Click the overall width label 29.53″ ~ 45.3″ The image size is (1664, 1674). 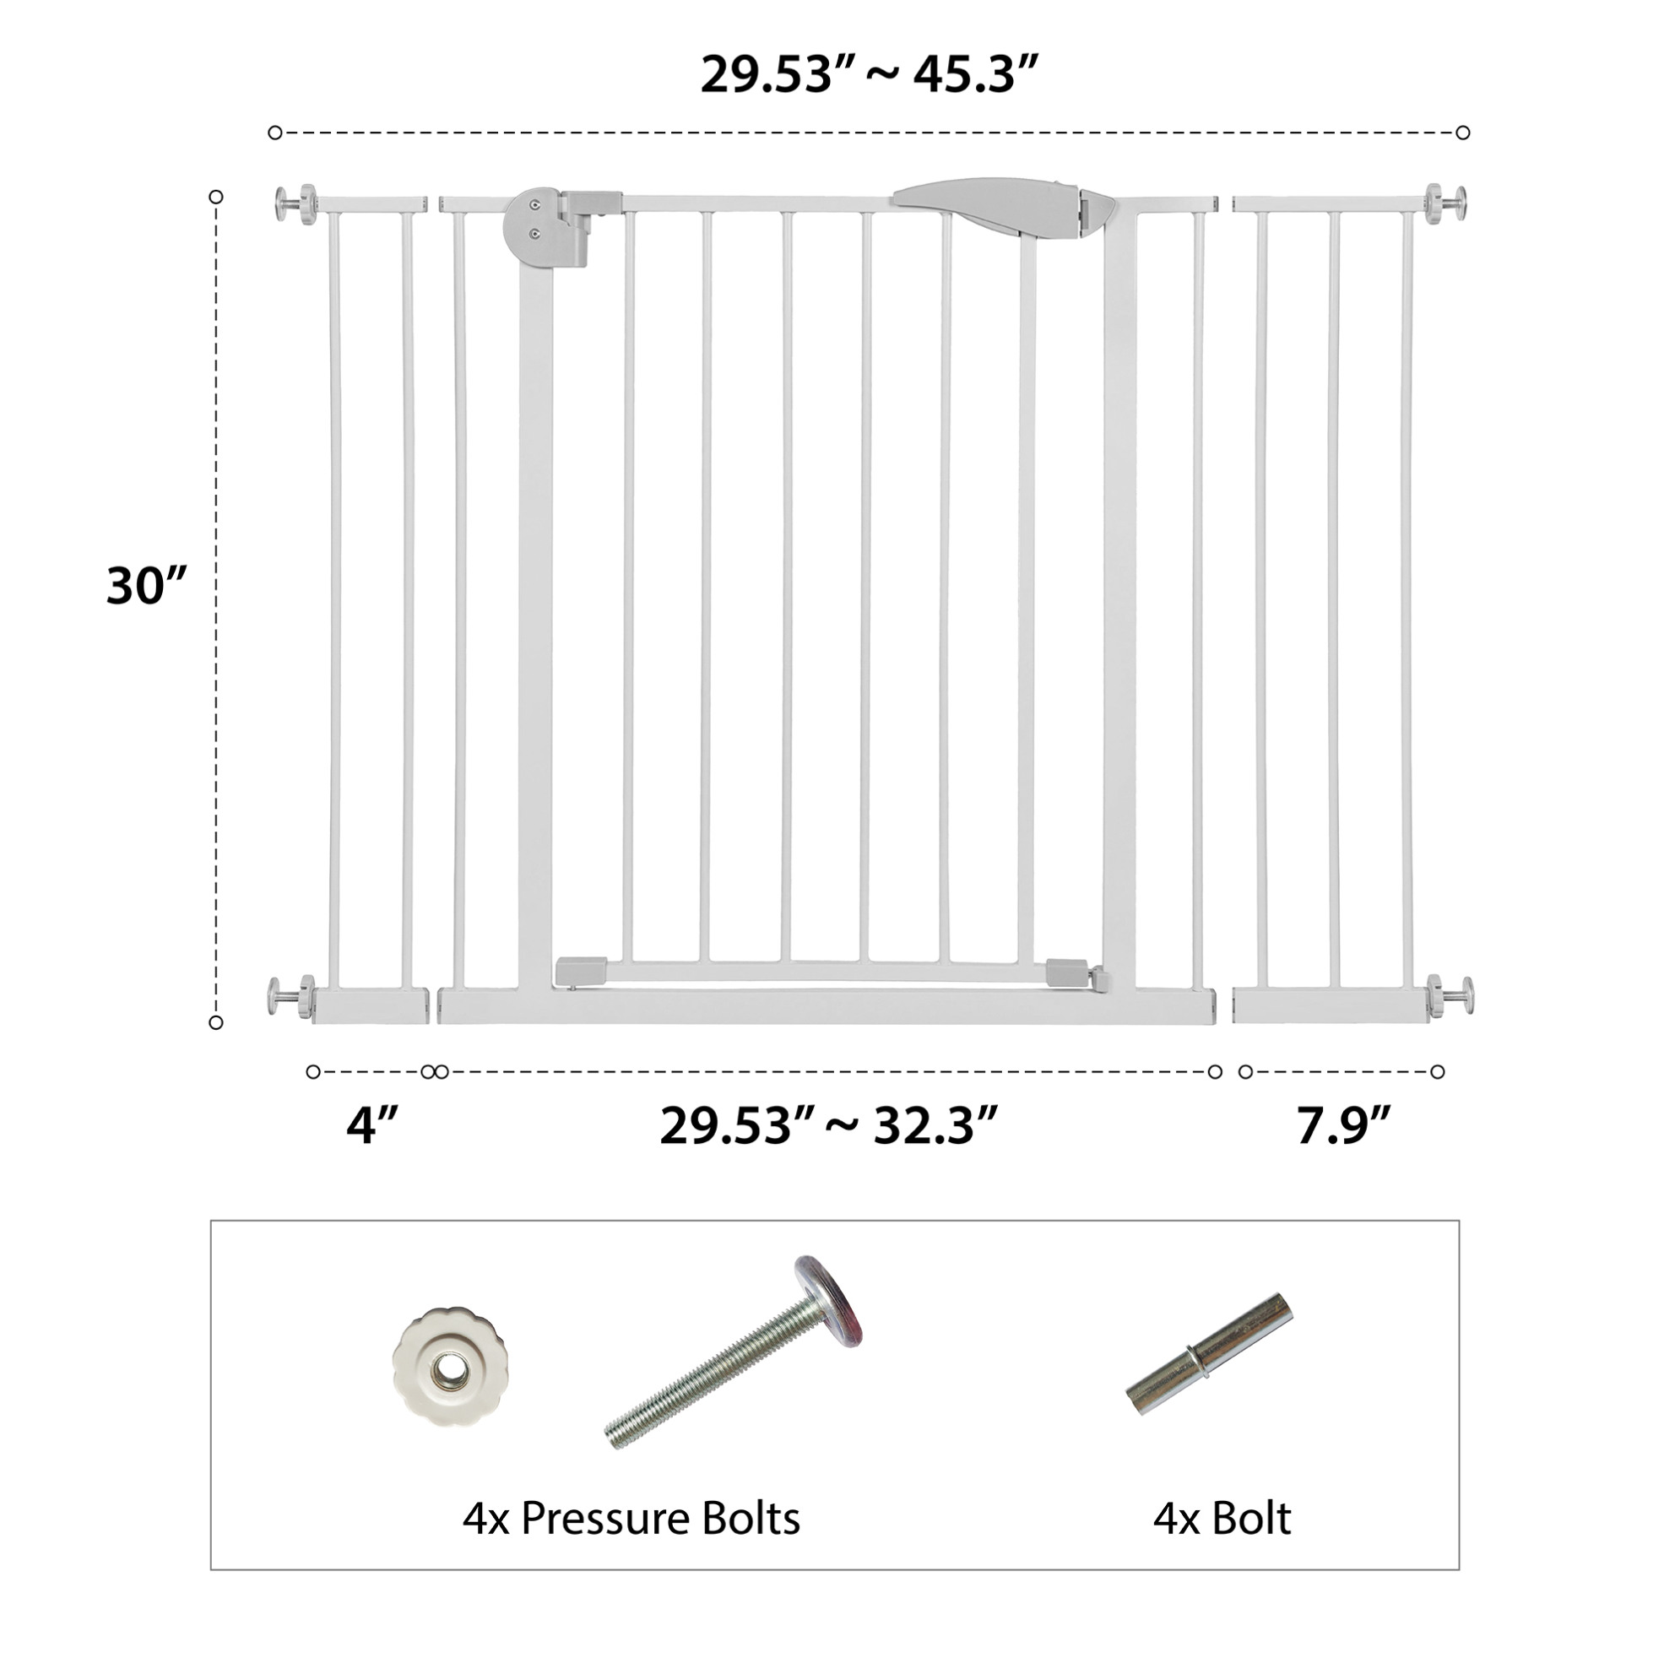pos(869,74)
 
